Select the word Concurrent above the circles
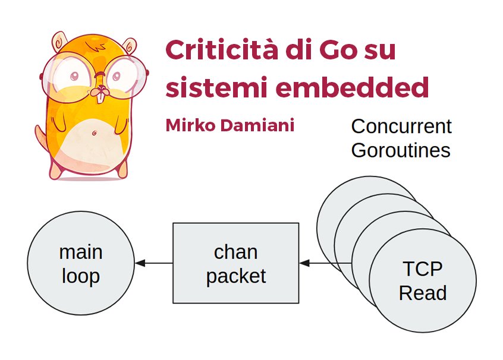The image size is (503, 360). tap(401, 126)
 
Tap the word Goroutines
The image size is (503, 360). tap(401, 150)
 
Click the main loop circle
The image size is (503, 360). tap(81, 264)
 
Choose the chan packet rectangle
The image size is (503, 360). tap(235, 263)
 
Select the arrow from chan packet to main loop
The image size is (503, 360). tap(154, 263)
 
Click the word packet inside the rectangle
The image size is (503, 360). tap(235, 276)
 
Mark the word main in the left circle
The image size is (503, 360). tap(81, 252)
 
